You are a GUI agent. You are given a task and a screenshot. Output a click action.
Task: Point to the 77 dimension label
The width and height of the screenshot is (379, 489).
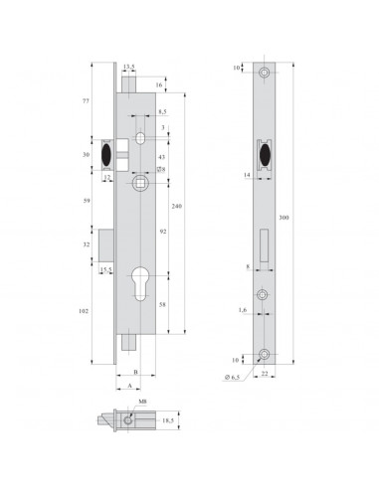pos(87,102)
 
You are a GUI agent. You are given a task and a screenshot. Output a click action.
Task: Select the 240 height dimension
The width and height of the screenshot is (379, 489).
pos(176,206)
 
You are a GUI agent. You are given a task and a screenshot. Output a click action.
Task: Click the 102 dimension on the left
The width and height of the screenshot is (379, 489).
pos(87,310)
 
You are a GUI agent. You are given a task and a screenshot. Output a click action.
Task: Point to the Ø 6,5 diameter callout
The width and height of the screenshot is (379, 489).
pos(236,379)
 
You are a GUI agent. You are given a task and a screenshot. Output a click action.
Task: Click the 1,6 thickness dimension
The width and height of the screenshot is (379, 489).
pos(242,311)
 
